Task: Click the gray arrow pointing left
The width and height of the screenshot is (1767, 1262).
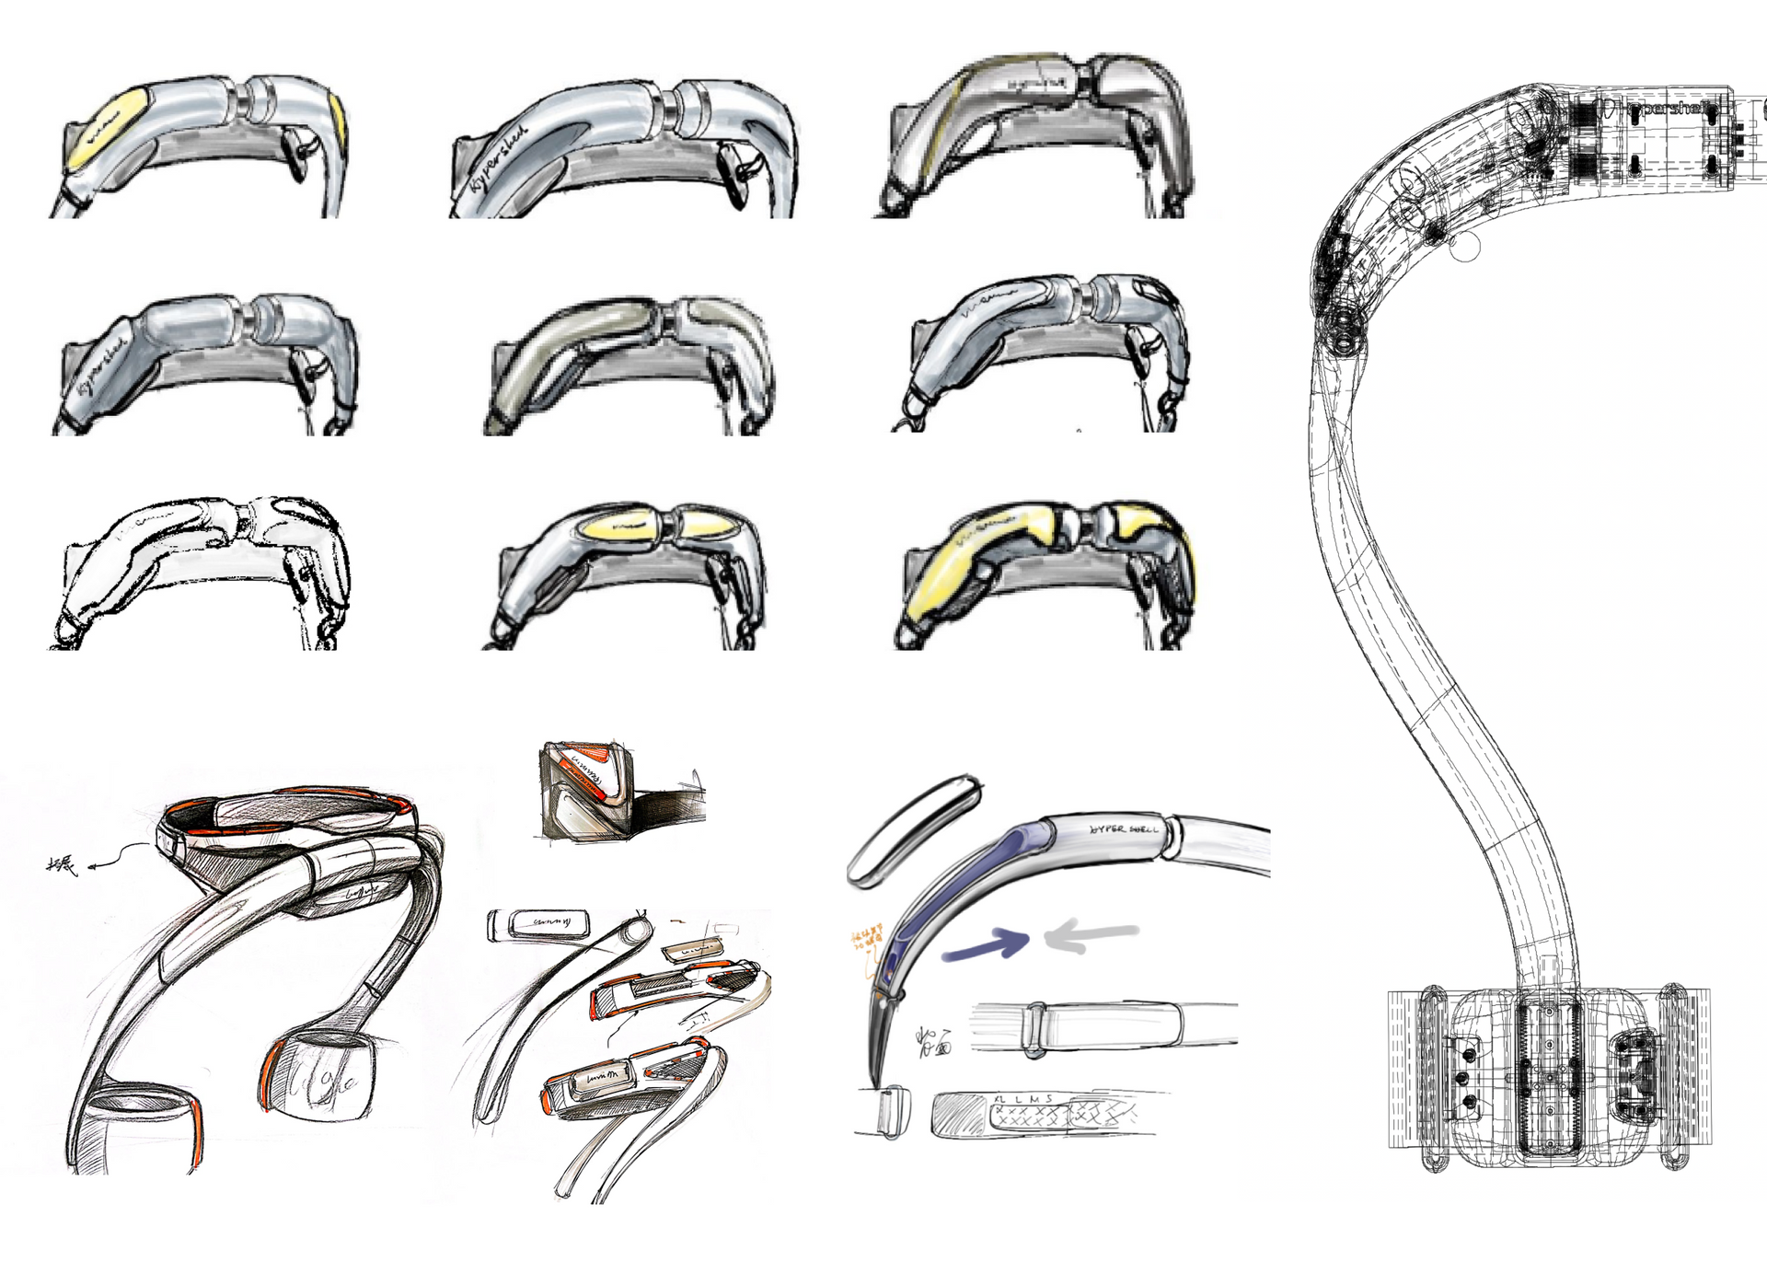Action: (x=1091, y=936)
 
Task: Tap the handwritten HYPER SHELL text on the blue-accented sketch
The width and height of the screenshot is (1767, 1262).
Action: (x=1124, y=829)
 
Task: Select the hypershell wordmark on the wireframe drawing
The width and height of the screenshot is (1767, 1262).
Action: (x=1665, y=109)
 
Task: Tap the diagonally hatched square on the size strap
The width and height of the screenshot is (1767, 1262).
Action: (x=958, y=1115)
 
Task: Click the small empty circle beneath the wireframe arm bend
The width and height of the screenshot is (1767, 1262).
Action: (x=1464, y=247)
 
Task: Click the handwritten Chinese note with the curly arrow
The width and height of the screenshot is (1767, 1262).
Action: (x=64, y=864)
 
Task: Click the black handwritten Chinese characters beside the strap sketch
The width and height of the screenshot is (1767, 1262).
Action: (x=933, y=1041)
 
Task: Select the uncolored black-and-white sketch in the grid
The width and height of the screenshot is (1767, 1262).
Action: (x=198, y=573)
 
